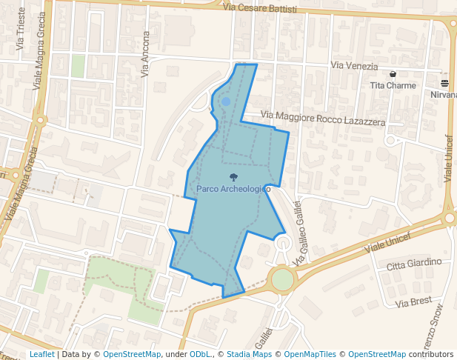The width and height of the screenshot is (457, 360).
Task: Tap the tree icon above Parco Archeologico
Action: pyautogui.click(x=234, y=177)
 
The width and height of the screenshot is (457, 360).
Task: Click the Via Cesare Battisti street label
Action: pyautogui.click(x=260, y=8)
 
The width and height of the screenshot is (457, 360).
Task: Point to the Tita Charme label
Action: pyautogui.click(x=393, y=85)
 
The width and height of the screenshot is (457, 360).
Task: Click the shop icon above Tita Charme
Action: pyautogui.click(x=393, y=74)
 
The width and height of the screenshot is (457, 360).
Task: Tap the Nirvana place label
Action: pyautogui.click(x=444, y=95)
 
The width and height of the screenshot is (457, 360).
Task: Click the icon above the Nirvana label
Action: pyautogui.click(x=444, y=84)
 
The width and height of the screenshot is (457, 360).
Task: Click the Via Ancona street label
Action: pyautogui.click(x=145, y=54)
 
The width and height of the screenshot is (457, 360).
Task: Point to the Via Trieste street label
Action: pyautogui.click(x=20, y=30)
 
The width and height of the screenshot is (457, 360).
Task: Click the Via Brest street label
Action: pyautogui.click(x=414, y=302)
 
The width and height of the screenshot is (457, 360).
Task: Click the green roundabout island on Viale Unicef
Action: pyautogui.click(x=282, y=280)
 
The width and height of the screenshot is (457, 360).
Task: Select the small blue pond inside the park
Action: pyautogui.click(x=226, y=101)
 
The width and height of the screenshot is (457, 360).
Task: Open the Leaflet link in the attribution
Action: pyautogui.click(x=41, y=354)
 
